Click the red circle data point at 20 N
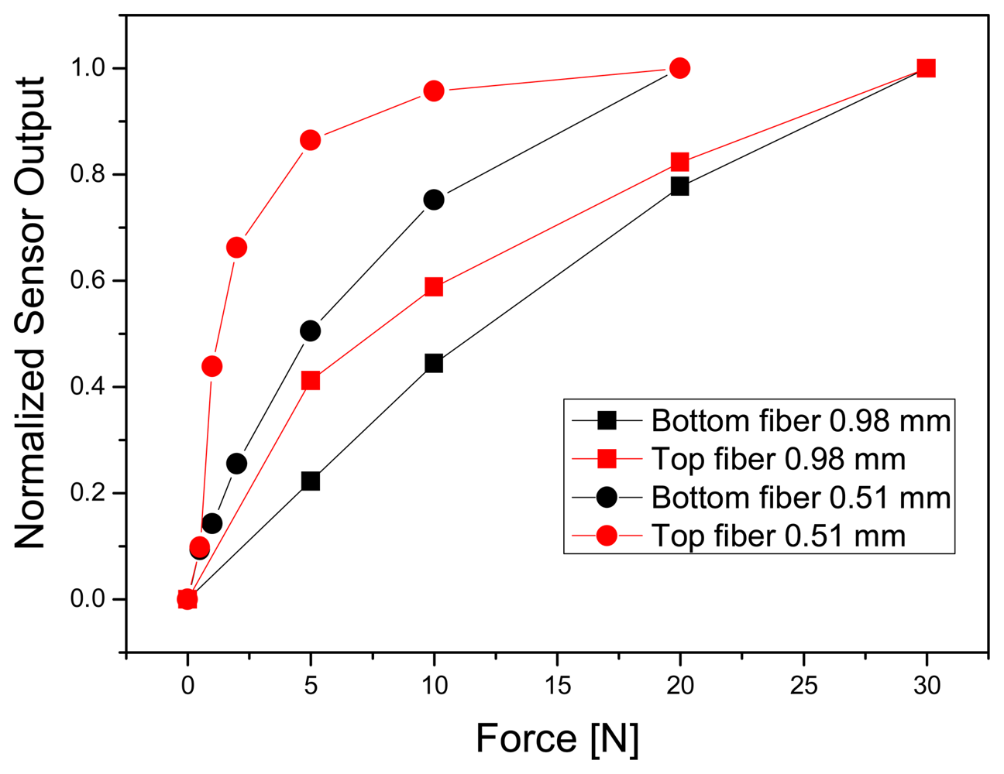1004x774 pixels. pos(679,68)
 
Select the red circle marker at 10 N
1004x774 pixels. pos(434,91)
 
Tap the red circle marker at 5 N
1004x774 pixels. pos(310,140)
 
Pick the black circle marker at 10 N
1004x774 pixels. pos(434,200)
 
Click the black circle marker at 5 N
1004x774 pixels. pos(310,330)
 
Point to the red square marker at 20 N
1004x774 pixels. pos(679,162)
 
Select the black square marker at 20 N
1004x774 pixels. pos(679,186)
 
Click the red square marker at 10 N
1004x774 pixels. pos(434,287)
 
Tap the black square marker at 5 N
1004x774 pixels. pos(310,481)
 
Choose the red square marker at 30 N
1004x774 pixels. pos(925,68)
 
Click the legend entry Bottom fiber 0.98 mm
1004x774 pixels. pos(800,421)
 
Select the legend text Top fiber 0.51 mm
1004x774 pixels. pos(778,536)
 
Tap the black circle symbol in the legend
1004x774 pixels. pos(607,497)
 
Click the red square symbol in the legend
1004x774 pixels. pos(607,459)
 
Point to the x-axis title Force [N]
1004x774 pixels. pos(556,738)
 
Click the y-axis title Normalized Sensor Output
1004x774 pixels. pos(31,313)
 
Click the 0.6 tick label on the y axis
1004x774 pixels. pos(87,281)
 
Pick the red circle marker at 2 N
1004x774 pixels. pos(236,248)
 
